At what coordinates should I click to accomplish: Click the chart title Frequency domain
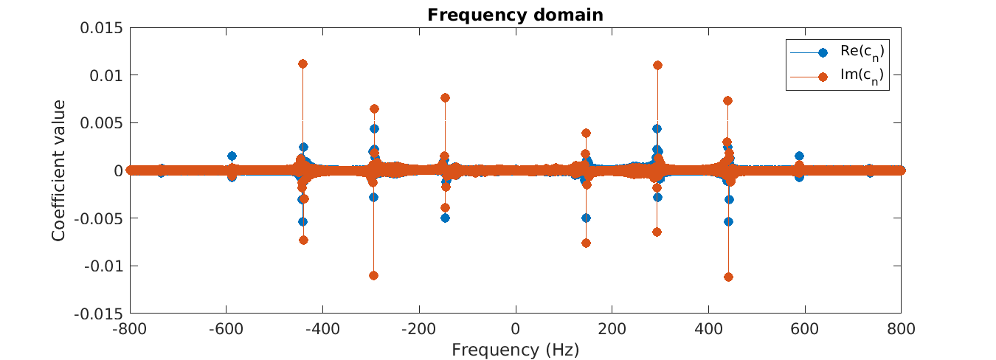(x=515, y=15)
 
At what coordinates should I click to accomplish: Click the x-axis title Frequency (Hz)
(x=515, y=350)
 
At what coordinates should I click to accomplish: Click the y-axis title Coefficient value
(x=59, y=170)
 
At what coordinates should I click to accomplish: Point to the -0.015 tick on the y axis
(x=100, y=314)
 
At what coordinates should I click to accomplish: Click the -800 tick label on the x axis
(x=130, y=328)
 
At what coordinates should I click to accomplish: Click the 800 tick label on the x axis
(x=900, y=328)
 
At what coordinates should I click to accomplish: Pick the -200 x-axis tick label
(x=419, y=328)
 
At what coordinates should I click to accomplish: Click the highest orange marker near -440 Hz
(x=302, y=63)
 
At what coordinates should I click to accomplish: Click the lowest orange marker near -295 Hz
(x=373, y=275)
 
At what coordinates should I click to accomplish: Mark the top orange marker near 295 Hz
(x=657, y=65)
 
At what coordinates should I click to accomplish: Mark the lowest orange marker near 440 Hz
(x=728, y=277)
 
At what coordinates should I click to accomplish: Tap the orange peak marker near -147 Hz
(x=445, y=97)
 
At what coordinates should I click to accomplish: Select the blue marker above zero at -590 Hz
(x=232, y=156)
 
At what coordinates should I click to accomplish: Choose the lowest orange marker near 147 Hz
(x=586, y=243)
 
